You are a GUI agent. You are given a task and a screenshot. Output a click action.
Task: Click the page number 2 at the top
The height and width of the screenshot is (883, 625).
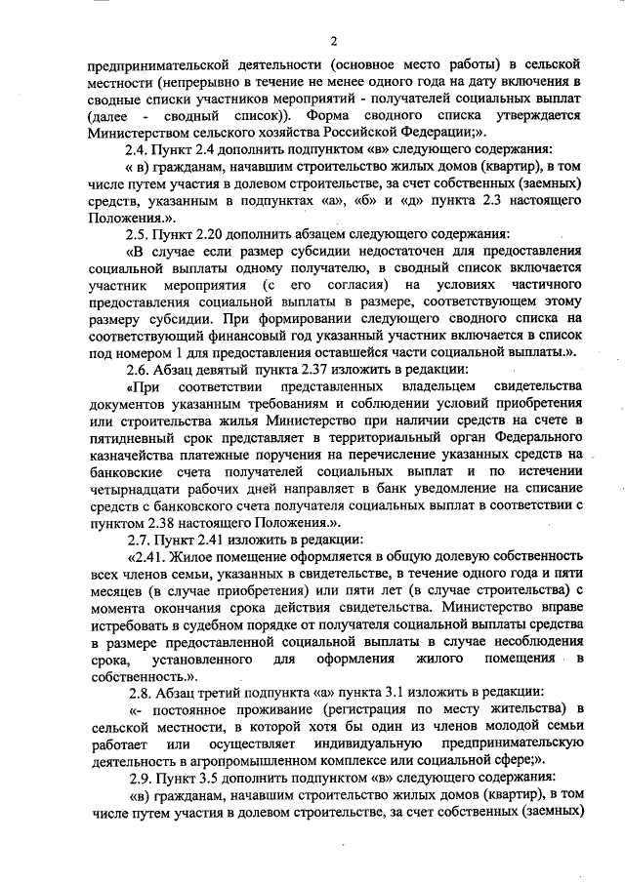334,40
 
